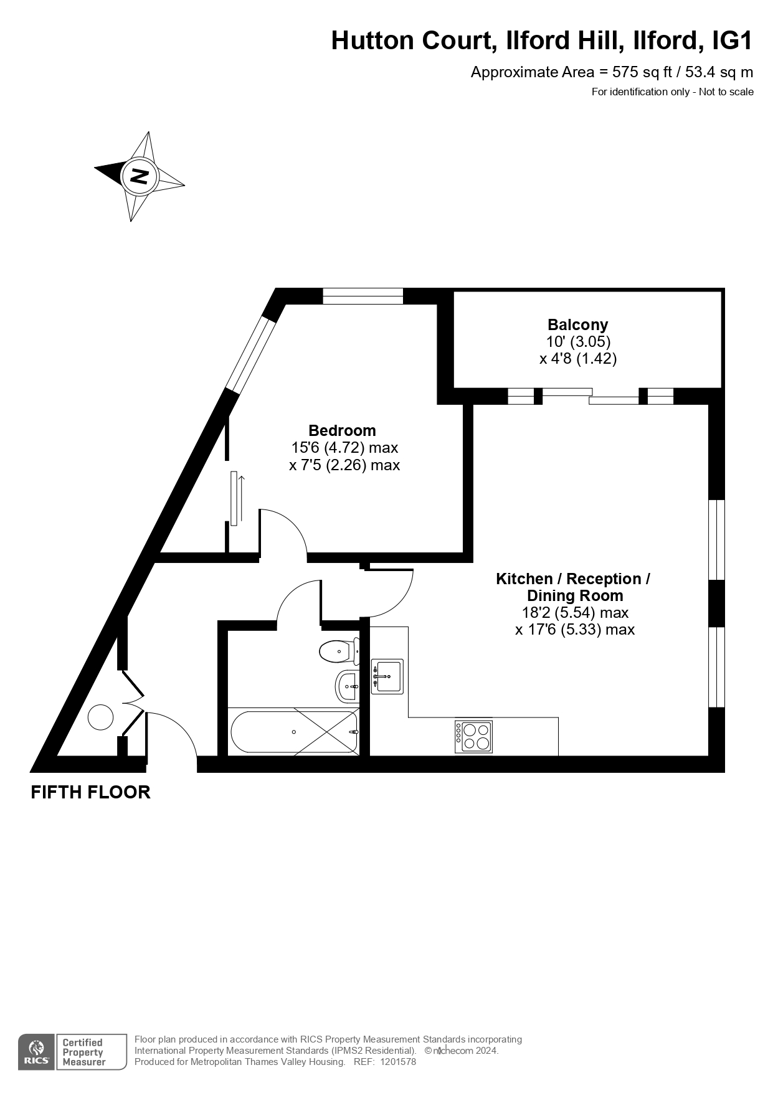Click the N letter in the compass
coord(140,176)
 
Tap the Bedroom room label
coord(342,430)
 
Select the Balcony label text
coord(577,324)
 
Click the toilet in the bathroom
coord(339,651)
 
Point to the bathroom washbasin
coord(347,686)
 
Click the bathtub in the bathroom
coord(294,732)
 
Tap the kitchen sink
coord(387,676)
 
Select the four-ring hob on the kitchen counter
coord(473,737)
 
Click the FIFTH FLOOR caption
coord(91,792)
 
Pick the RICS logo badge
coord(36,1053)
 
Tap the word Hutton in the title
coord(372,41)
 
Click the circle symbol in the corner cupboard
coord(100,717)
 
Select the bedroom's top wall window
coord(363,296)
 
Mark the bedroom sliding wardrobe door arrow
coord(242,498)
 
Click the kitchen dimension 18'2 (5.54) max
coord(575,613)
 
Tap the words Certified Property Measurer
coord(83,1052)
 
